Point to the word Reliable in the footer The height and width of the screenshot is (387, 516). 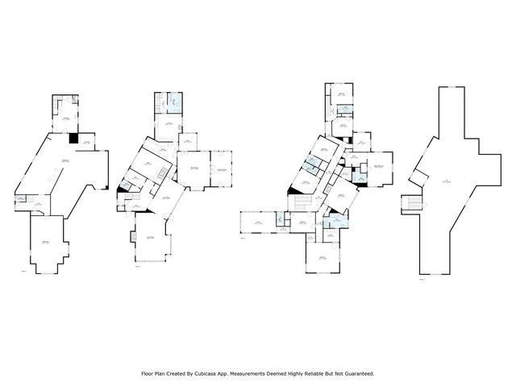[x=318, y=374]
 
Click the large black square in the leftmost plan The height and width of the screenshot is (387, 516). [x=73, y=139]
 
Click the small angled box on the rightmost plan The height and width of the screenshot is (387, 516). [x=417, y=175]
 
